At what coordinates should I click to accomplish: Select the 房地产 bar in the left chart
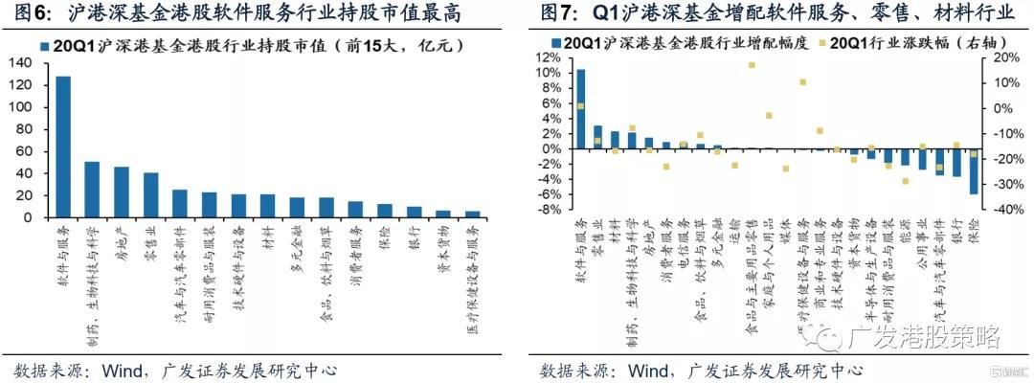[x=122, y=192]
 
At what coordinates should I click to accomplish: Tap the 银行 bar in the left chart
[x=414, y=212]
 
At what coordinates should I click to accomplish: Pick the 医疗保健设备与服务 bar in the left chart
[x=472, y=214]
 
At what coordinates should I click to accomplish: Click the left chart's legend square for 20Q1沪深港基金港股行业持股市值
[x=45, y=45]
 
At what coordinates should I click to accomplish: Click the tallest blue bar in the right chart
[x=581, y=109]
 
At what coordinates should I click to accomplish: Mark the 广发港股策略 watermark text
[x=925, y=338]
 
